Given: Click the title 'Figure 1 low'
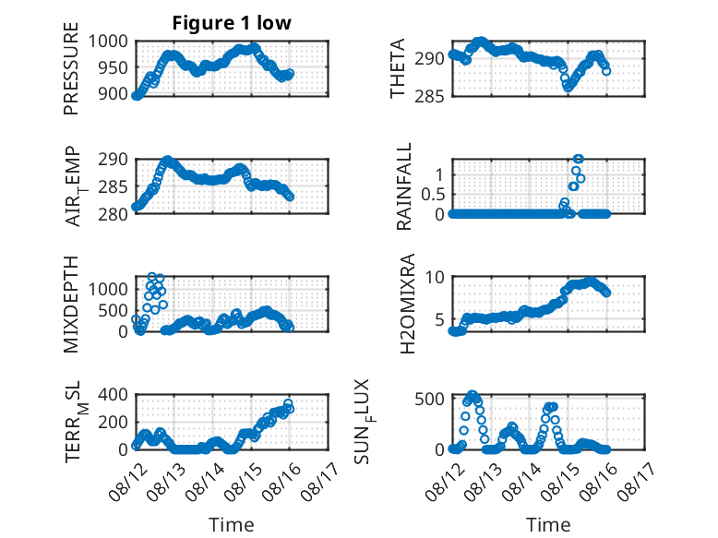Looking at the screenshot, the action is point(232,23).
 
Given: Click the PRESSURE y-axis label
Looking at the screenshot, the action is point(71,68).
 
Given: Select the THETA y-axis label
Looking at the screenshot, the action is point(398,68).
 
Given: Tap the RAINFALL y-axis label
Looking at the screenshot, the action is point(404,186).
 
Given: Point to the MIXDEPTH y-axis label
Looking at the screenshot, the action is point(71,305).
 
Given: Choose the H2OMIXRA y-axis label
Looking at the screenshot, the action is point(407,304).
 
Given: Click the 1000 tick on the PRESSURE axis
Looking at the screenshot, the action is point(108,42).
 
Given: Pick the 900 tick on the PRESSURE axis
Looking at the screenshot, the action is point(113,94).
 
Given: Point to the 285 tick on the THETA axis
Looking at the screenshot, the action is point(429,97).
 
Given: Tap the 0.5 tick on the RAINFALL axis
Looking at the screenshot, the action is point(433,195).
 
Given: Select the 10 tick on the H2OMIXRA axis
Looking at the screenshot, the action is point(435,277).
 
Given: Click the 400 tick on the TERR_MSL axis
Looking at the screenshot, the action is point(113,395).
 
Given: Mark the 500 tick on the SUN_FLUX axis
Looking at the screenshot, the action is point(429,399).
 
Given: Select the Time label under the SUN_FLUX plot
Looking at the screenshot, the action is point(548,525).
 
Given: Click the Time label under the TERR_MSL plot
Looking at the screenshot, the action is point(232,525).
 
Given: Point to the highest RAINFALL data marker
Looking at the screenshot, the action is point(579,159).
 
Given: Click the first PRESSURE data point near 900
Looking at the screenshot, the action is point(136,96).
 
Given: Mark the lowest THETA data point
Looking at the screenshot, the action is point(568,88).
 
